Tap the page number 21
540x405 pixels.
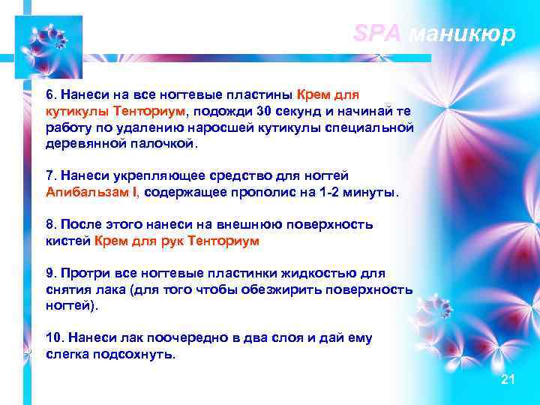[x=508, y=380]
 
